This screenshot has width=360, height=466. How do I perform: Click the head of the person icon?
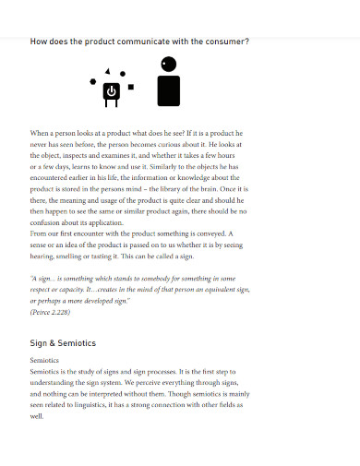pyautogui.click(x=168, y=65)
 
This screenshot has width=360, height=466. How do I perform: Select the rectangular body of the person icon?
pyautogui.click(x=168, y=90)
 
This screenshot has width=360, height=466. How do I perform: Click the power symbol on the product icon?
pyautogui.click(x=111, y=90)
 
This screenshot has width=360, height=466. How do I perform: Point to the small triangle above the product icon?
pyautogui.click(x=109, y=72)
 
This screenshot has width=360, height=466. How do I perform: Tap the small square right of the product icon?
pyautogui.click(x=131, y=87)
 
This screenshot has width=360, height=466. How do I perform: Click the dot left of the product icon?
pyautogui.click(x=92, y=81)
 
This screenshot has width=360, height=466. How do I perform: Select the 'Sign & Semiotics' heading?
pyautogui.click(x=63, y=343)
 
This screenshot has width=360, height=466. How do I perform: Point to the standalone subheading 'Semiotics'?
pyautogui.click(x=45, y=360)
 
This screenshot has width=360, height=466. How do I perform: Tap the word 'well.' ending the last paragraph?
pyautogui.click(x=38, y=415)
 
